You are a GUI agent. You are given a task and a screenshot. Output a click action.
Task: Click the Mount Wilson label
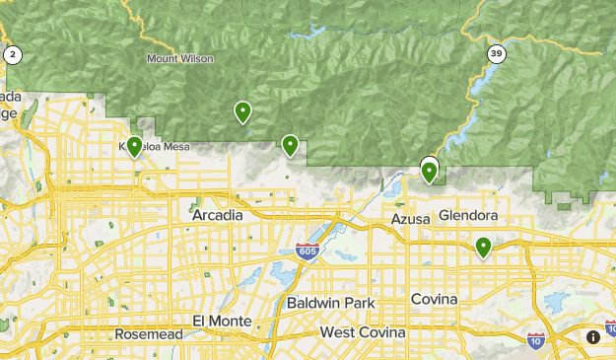pos(180,58)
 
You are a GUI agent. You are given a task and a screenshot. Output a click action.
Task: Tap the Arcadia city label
pos(217,215)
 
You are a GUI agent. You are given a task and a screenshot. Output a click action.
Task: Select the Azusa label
pos(411,218)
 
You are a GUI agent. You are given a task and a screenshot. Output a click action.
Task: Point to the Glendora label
pos(468,215)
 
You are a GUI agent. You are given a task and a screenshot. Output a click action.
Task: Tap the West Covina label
pos(363,333)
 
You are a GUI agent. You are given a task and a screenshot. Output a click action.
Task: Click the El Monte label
pos(217,323)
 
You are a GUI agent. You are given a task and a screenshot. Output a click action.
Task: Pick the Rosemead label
pos(148,334)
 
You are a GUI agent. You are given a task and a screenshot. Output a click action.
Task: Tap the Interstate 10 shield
pos(536,339)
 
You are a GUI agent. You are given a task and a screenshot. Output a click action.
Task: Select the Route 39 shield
pos(496,53)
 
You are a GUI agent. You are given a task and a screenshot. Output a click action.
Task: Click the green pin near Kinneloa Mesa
pos(134,147)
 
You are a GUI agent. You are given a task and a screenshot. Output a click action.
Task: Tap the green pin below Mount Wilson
pos(242,112)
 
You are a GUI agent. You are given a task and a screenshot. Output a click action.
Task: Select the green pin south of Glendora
pos(483,247)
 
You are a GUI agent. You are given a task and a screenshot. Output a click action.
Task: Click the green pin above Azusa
pos(430,173)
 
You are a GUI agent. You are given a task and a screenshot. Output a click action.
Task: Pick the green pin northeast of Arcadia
pos(290,146)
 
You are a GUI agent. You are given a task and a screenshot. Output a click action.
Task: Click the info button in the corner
pos(593,336)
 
